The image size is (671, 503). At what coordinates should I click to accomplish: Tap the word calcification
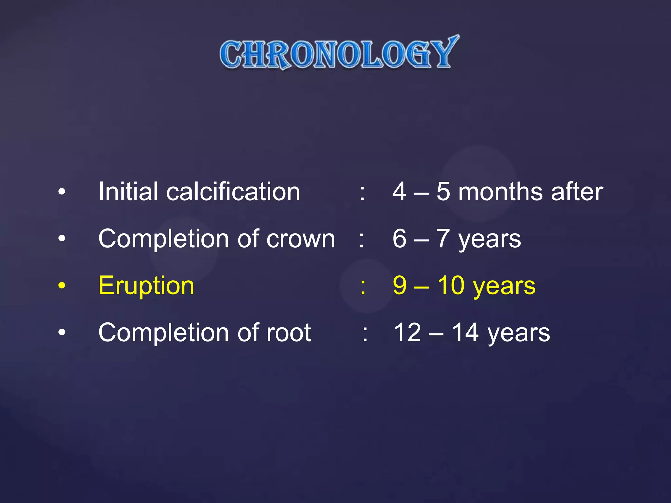click(233, 192)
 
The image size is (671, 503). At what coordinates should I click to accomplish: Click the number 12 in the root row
click(407, 333)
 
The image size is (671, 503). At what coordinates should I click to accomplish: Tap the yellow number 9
click(400, 286)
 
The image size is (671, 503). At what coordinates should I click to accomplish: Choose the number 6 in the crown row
click(400, 239)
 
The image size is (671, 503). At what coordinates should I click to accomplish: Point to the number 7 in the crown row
click(443, 239)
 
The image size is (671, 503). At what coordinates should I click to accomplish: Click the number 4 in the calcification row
click(400, 192)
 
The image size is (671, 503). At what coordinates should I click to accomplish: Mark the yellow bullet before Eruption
click(62, 285)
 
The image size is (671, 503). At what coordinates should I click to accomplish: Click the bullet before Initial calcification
click(62, 192)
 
